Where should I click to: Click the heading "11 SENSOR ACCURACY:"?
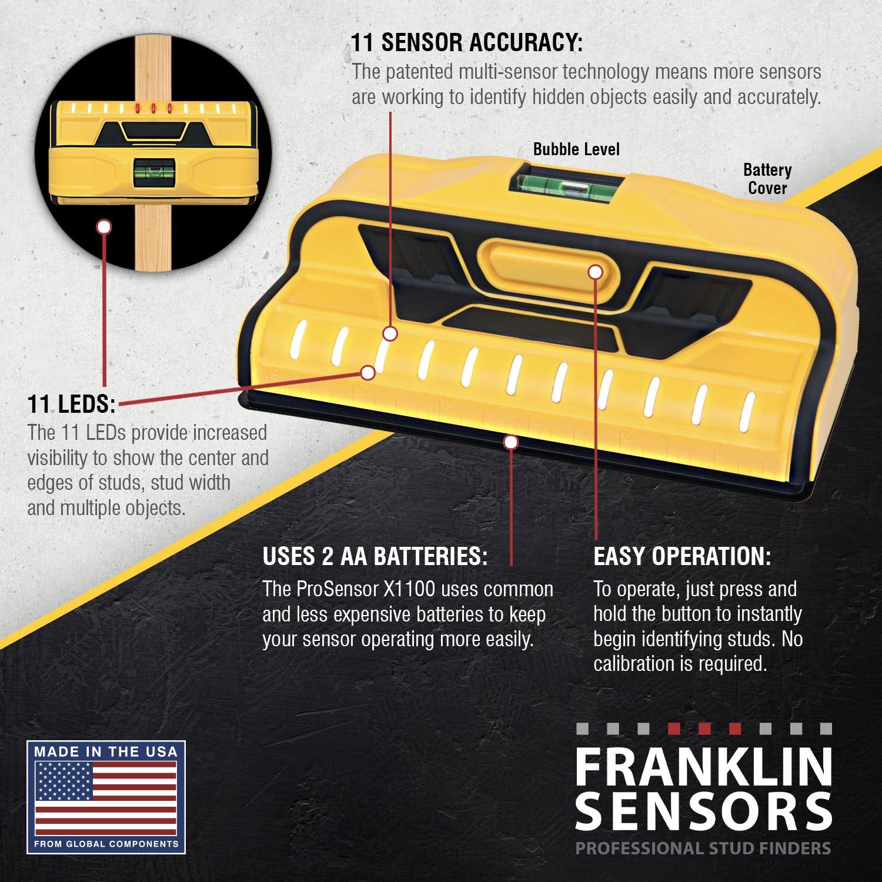pos(467,43)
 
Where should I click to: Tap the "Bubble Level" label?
pos(576,149)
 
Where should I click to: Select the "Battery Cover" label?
pos(767,179)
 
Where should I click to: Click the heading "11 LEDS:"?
pos(71,404)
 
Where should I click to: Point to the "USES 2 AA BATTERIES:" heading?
pos(375,556)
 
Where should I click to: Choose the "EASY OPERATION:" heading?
pos(681,556)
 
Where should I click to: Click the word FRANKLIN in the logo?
pos(703,767)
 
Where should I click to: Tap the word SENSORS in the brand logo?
pos(703,811)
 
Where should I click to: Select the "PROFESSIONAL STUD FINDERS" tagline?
pos(703,848)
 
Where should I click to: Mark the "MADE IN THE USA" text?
pos(106,751)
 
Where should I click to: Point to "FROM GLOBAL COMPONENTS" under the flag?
pos(106,844)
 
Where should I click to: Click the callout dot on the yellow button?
pos(595,272)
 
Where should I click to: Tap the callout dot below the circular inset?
pos(104,226)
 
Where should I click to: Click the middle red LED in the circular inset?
pos(152,108)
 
